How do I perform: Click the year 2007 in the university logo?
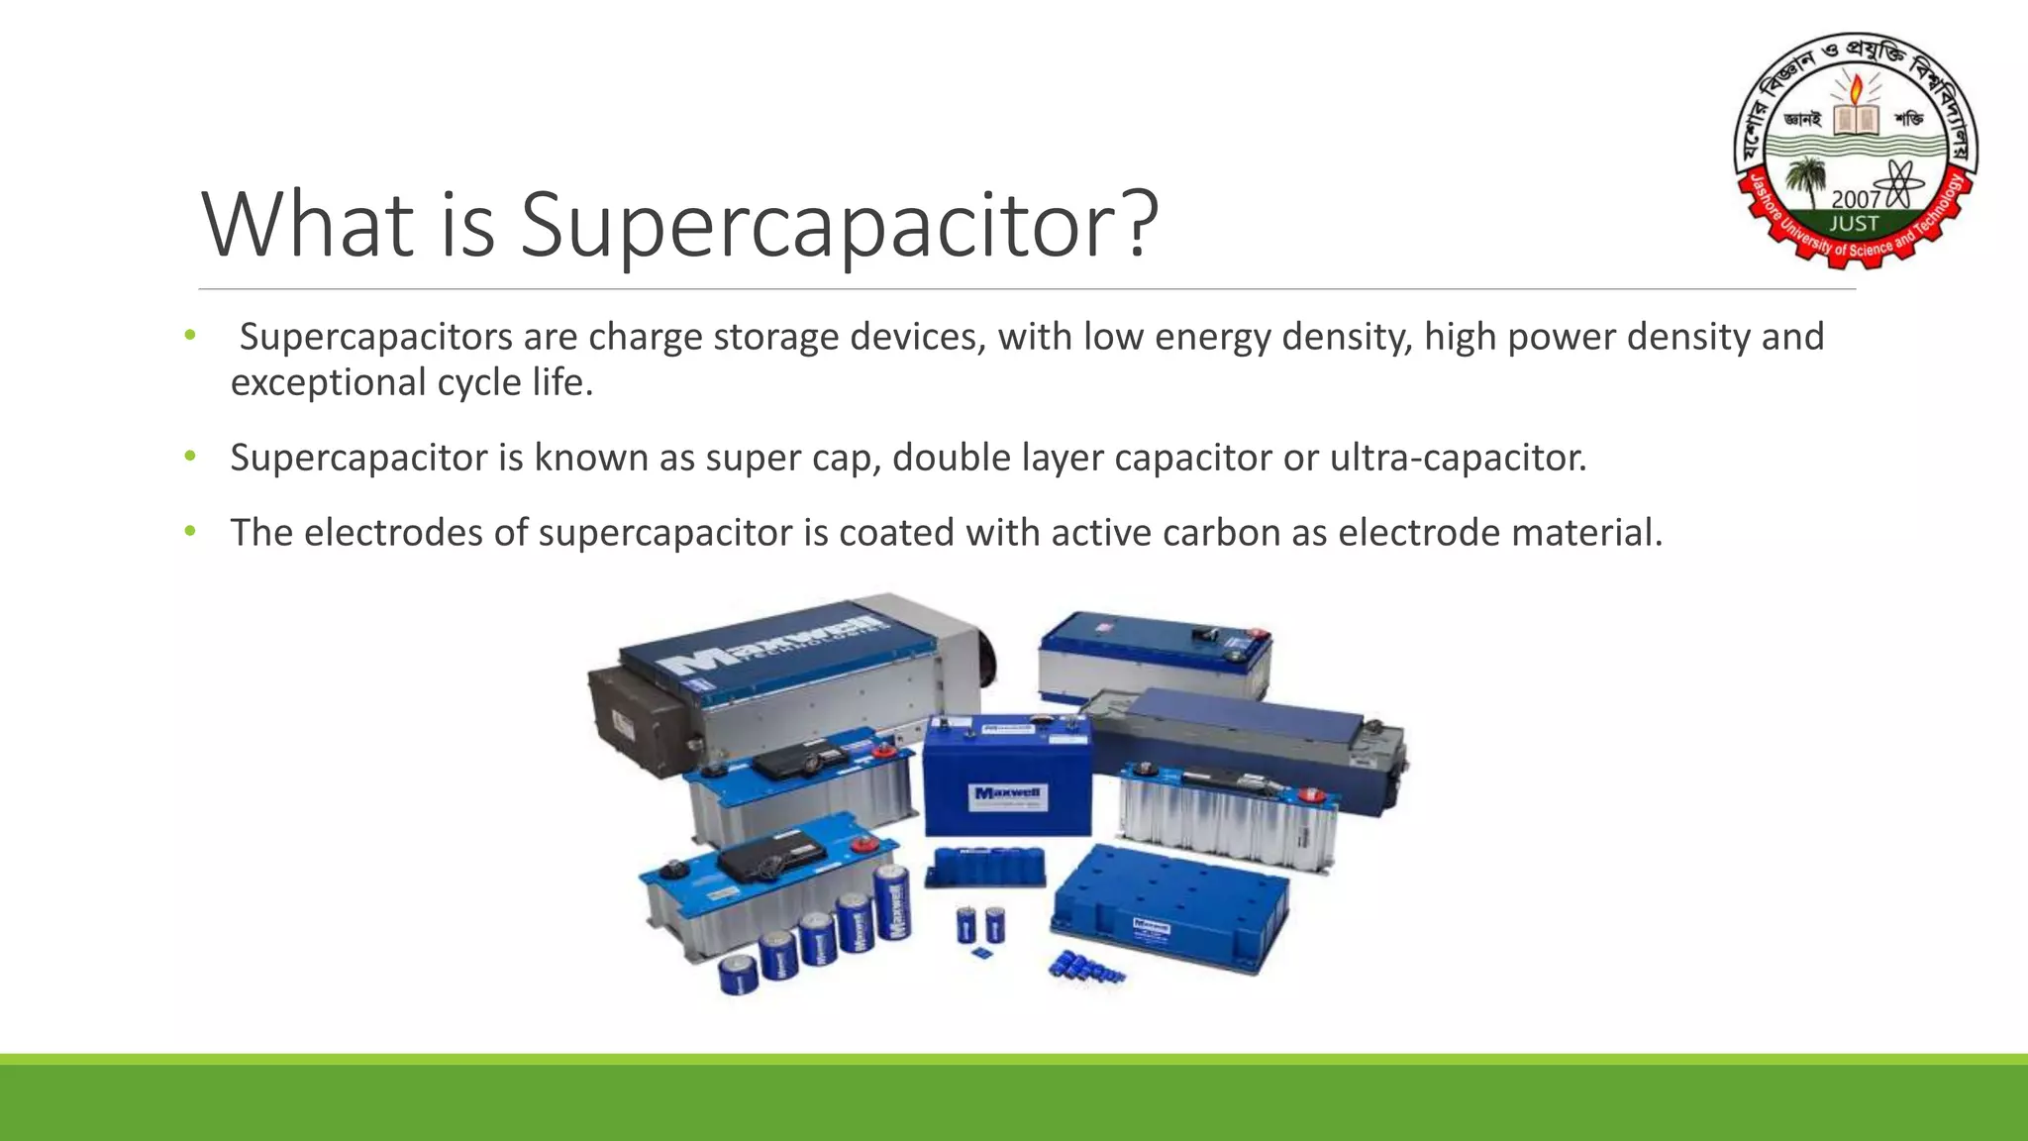coord(1855,200)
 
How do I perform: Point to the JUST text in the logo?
coord(1854,224)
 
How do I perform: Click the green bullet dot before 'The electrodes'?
coord(190,532)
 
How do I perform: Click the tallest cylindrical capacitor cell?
coord(894,903)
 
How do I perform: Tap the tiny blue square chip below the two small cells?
coord(982,955)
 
